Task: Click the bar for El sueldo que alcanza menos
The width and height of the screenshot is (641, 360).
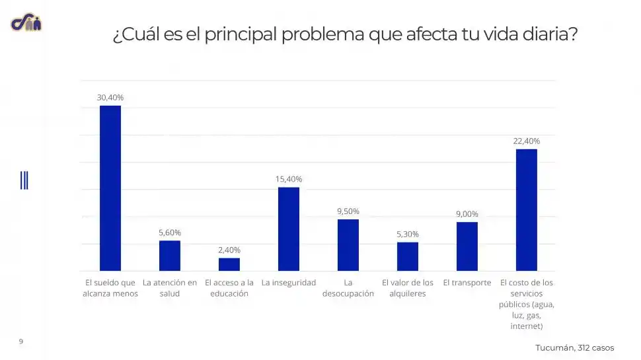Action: (110, 188)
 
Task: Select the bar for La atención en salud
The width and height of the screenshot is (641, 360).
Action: (170, 256)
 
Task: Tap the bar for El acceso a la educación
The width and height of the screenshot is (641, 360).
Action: (229, 264)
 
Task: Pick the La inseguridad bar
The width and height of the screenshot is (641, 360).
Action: (289, 229)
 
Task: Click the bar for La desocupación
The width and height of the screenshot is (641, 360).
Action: (348, 245)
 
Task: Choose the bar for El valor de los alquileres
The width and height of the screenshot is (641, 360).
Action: (408, 256)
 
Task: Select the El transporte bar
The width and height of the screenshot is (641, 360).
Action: (467, 246)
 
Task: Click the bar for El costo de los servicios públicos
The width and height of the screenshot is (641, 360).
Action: (527, 210)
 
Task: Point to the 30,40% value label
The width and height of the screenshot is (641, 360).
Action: (110, 97)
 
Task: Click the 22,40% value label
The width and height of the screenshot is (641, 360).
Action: (527, 141)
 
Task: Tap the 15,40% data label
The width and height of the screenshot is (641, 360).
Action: (289, 179)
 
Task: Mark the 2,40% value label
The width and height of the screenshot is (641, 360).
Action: (229, 250)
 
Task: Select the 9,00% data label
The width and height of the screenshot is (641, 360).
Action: (467, 214)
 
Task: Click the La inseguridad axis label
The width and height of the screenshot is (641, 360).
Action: (289, 283)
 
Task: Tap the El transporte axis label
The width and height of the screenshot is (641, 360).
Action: (467, 283)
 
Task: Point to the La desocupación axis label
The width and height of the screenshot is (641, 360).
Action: (348, 288)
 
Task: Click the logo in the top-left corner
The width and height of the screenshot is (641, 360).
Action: (26, 23)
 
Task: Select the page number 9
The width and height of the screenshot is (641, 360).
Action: (21, 342)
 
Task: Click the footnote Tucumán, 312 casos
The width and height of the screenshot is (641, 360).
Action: (574, 347)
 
